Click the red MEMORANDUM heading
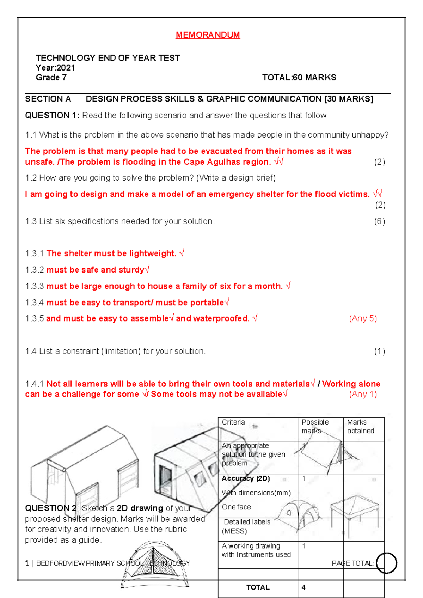208,35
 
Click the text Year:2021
55,68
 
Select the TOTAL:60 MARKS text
299,78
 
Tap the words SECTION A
48,99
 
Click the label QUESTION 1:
52,116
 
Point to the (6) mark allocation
379,221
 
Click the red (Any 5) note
363,318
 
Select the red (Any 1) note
363,394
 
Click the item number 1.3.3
34,286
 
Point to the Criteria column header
233,422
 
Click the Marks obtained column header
360,426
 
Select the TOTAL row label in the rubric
258,587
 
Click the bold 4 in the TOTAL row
304,587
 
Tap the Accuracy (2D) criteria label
246,478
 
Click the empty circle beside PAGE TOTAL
386,563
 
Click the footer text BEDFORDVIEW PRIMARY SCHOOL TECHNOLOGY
113,563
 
